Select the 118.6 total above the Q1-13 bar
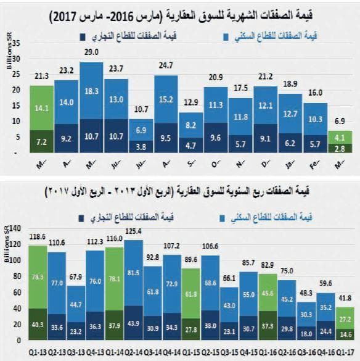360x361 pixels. (38, 237)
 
